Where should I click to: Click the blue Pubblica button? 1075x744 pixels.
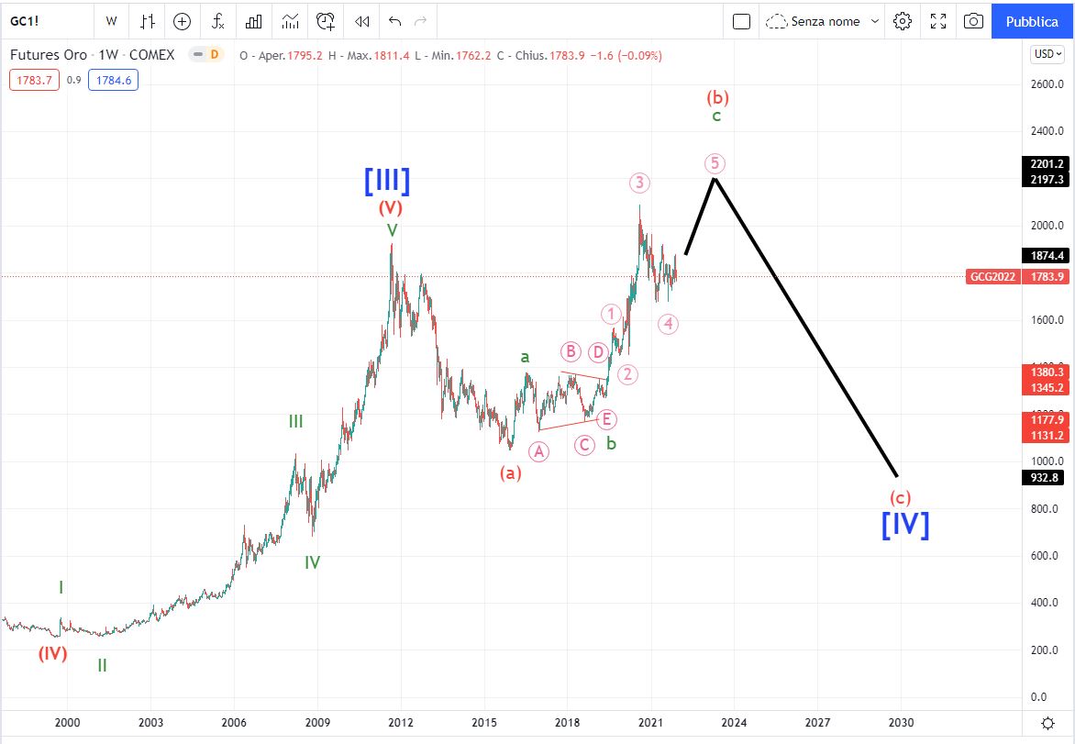[x=1032, y=20]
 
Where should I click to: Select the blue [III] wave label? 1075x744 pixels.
[x=387, y=181]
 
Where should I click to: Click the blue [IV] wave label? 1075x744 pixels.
[x=905, y=524]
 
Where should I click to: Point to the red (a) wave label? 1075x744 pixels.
[x=510, y=473]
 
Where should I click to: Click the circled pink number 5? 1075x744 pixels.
[x=715, y=163]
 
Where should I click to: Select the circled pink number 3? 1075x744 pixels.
[x=639, y=183]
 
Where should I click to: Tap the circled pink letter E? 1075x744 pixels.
[x=606, y=419]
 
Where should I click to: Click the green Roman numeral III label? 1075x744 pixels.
[x=295, y=421]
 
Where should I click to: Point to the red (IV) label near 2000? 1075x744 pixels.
[x=52, y=654]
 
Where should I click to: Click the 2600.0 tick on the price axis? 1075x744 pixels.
[x=1046, y=84]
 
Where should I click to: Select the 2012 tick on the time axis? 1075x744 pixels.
[x=400, y=722]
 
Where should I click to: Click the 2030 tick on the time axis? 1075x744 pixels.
[x=901, y=722]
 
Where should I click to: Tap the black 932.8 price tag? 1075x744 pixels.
[x=1045, y=477]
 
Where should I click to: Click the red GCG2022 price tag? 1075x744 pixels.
[x=992, y=276]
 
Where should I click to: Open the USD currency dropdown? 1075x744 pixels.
[x=1046, y=54]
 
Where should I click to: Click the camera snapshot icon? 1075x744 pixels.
[x=973, y=20]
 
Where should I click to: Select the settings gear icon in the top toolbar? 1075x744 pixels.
[x=903, y=20]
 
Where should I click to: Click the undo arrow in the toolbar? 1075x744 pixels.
[x=394, y=20]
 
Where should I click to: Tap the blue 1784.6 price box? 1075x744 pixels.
[x=113, y=80]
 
